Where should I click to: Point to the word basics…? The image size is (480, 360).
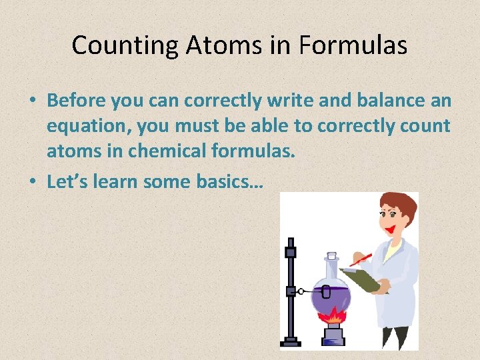tap(229, 181)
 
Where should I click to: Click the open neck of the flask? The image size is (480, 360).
tap(331, 255)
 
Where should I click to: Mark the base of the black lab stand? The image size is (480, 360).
tap(291, 341)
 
